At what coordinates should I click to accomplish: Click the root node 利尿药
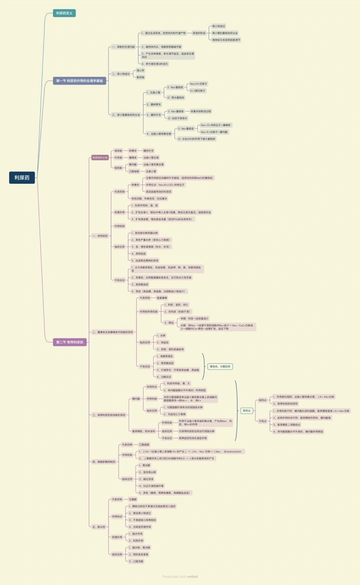point(22,178)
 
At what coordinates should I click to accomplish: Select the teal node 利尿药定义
point(64,13)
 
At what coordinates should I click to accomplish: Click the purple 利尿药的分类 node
point(100,157)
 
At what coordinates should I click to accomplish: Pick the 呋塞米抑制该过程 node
point(201,111)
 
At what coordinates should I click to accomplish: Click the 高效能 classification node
point(118,150)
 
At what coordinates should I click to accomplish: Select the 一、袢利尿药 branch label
point(100,236)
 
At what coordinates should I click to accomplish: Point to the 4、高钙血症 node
point(139,253)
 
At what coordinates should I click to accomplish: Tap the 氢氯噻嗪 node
point(162,298)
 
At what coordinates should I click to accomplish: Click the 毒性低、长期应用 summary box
point(221,367)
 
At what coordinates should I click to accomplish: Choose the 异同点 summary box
point(247,410)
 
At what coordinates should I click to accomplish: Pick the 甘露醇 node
point(134,500)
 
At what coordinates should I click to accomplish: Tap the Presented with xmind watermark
point(180,577)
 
